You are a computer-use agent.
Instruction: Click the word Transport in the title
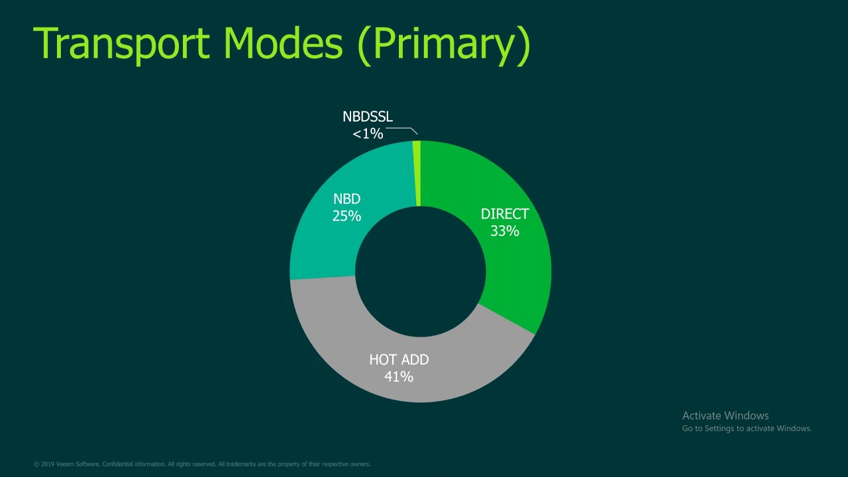point(121,44)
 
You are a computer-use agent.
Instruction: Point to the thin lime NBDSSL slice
point(417,172)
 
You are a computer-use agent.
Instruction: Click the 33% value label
point(505,231)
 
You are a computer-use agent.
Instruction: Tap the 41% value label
point(399,377)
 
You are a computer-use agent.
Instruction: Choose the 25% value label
point(346,216)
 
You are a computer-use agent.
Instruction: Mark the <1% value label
point(368,134)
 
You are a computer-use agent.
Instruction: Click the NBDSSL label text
point(368,117)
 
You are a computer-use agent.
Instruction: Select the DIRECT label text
point(505,214)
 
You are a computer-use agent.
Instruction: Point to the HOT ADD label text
point(399,360)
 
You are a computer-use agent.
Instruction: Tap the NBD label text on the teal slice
point(346,199)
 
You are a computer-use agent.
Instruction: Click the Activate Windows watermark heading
point(725,415)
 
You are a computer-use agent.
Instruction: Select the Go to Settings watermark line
point(747,429)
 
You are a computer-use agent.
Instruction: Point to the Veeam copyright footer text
point(202,464)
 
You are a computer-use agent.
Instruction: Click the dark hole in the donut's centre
point(421,271)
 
